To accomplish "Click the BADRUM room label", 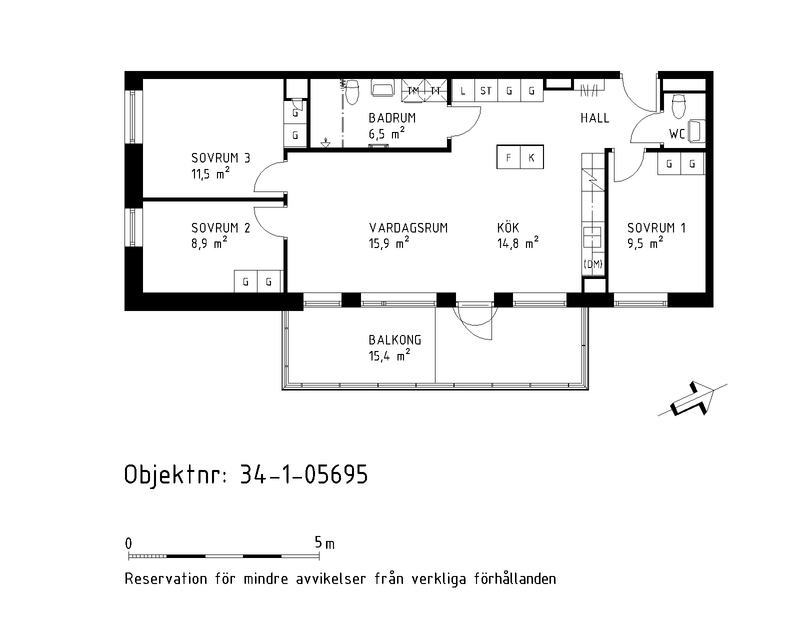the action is pos(392,118).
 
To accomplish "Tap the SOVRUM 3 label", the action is pos(221,158).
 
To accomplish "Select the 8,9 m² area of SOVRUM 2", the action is pos(209,243).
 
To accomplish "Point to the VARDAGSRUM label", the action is pos(408,228).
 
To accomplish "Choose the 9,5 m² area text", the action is pos(645,243).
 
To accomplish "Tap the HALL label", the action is pos(595,118).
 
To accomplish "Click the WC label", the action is pos(677,134).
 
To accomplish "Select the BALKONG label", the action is pos(395,340).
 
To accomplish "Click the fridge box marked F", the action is pos(508,157).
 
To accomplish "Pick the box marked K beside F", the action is pos(531,157).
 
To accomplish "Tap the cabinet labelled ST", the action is pos(486,90).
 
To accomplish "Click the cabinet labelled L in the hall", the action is pos(463,90).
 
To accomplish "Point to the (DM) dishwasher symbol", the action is pos(593,264).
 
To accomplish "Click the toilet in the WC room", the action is pos(678,106).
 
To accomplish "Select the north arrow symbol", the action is pos(692,400).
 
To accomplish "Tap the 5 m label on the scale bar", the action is pos(324,543).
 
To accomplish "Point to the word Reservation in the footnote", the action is pos(166,579).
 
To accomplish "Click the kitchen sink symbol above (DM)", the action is pos(592,237).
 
